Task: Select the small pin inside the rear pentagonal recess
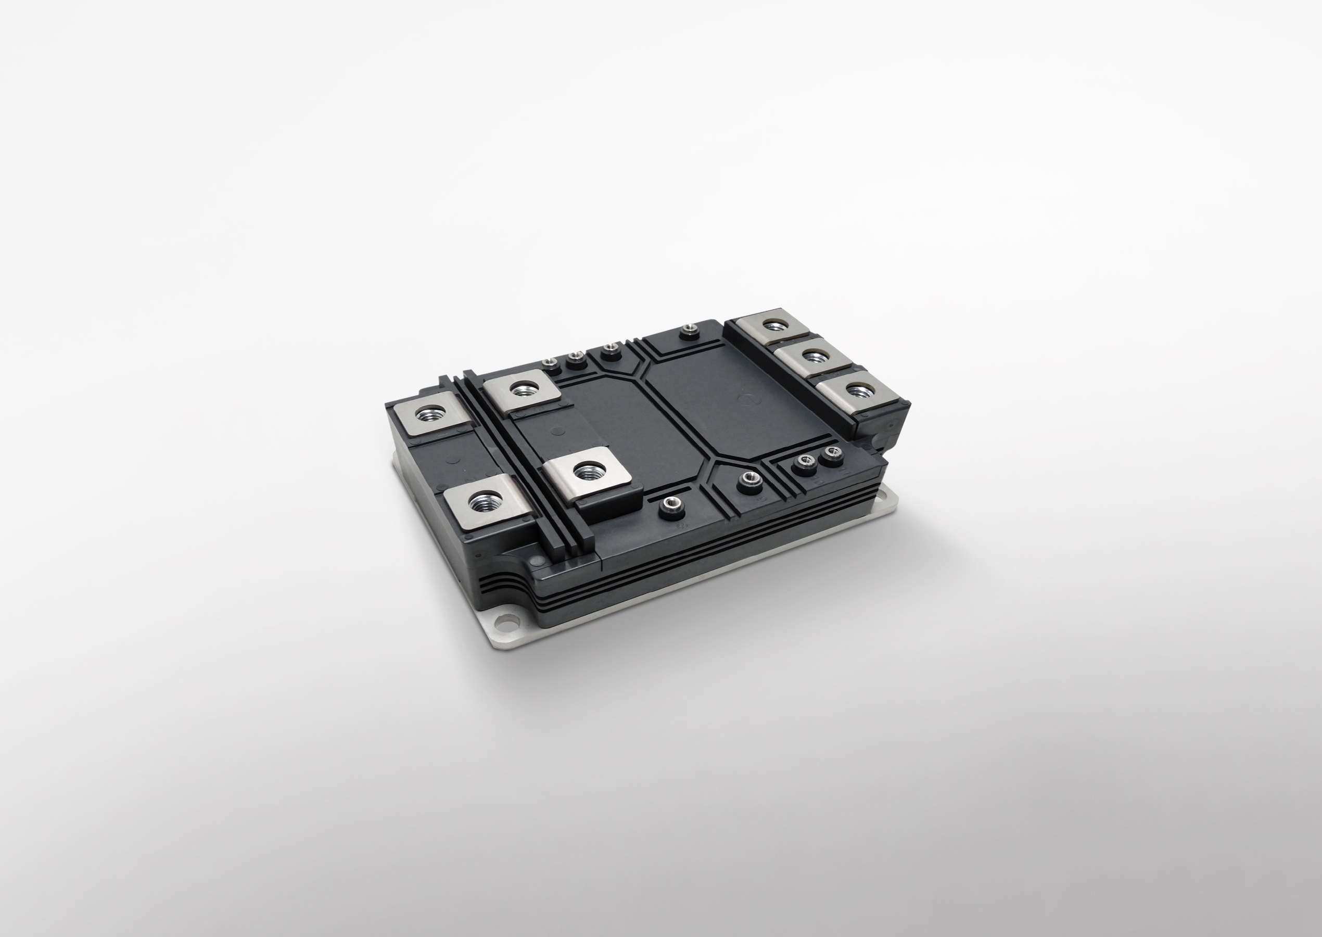[x=609, y=350]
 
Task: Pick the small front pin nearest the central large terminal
[x=670, y=505]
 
